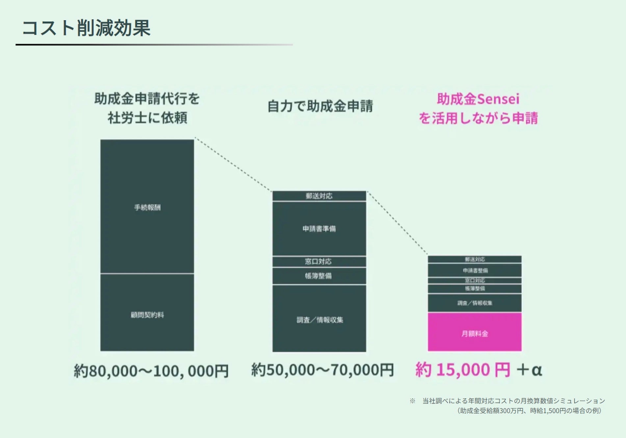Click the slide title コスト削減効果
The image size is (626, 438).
coord(86,28)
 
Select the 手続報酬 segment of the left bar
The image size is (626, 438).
coord(147,207)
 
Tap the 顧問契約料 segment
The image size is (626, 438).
coord(147,315)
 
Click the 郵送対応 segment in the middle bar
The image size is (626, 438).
coord(319,196)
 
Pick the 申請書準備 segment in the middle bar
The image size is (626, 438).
coord(319,229)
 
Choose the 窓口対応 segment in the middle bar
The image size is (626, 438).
coord(319,261)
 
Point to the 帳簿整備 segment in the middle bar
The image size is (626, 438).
coord(319,276)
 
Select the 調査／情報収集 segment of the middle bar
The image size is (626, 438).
coord(319,319)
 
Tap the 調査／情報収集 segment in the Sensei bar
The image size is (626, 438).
coord(474,303)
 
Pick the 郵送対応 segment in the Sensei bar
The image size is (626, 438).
coord(474,259)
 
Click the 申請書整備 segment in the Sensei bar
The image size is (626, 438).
coord(474,270)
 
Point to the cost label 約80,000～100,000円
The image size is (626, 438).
coord(151,371)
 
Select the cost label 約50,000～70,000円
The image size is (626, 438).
coord(322,370)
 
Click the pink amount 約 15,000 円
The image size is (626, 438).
coord(462,370)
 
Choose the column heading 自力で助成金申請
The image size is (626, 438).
coord(320,106)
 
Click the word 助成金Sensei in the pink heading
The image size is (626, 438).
coord(478,99)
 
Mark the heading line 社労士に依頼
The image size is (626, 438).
coord(147,118)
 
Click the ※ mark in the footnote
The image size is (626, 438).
coord(412,401)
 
